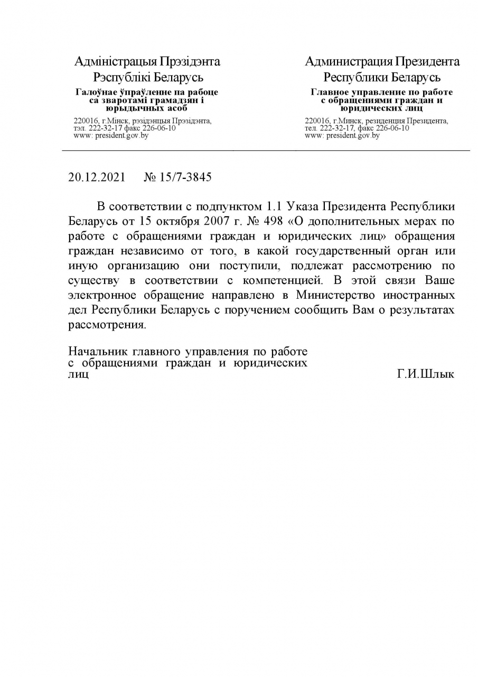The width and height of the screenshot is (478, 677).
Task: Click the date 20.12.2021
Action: click(97, 177)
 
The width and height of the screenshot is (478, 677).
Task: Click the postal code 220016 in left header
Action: click(84, 121)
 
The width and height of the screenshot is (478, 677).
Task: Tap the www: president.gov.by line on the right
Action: click(342, 136)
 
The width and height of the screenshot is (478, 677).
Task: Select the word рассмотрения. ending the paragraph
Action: click(107, 325)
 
